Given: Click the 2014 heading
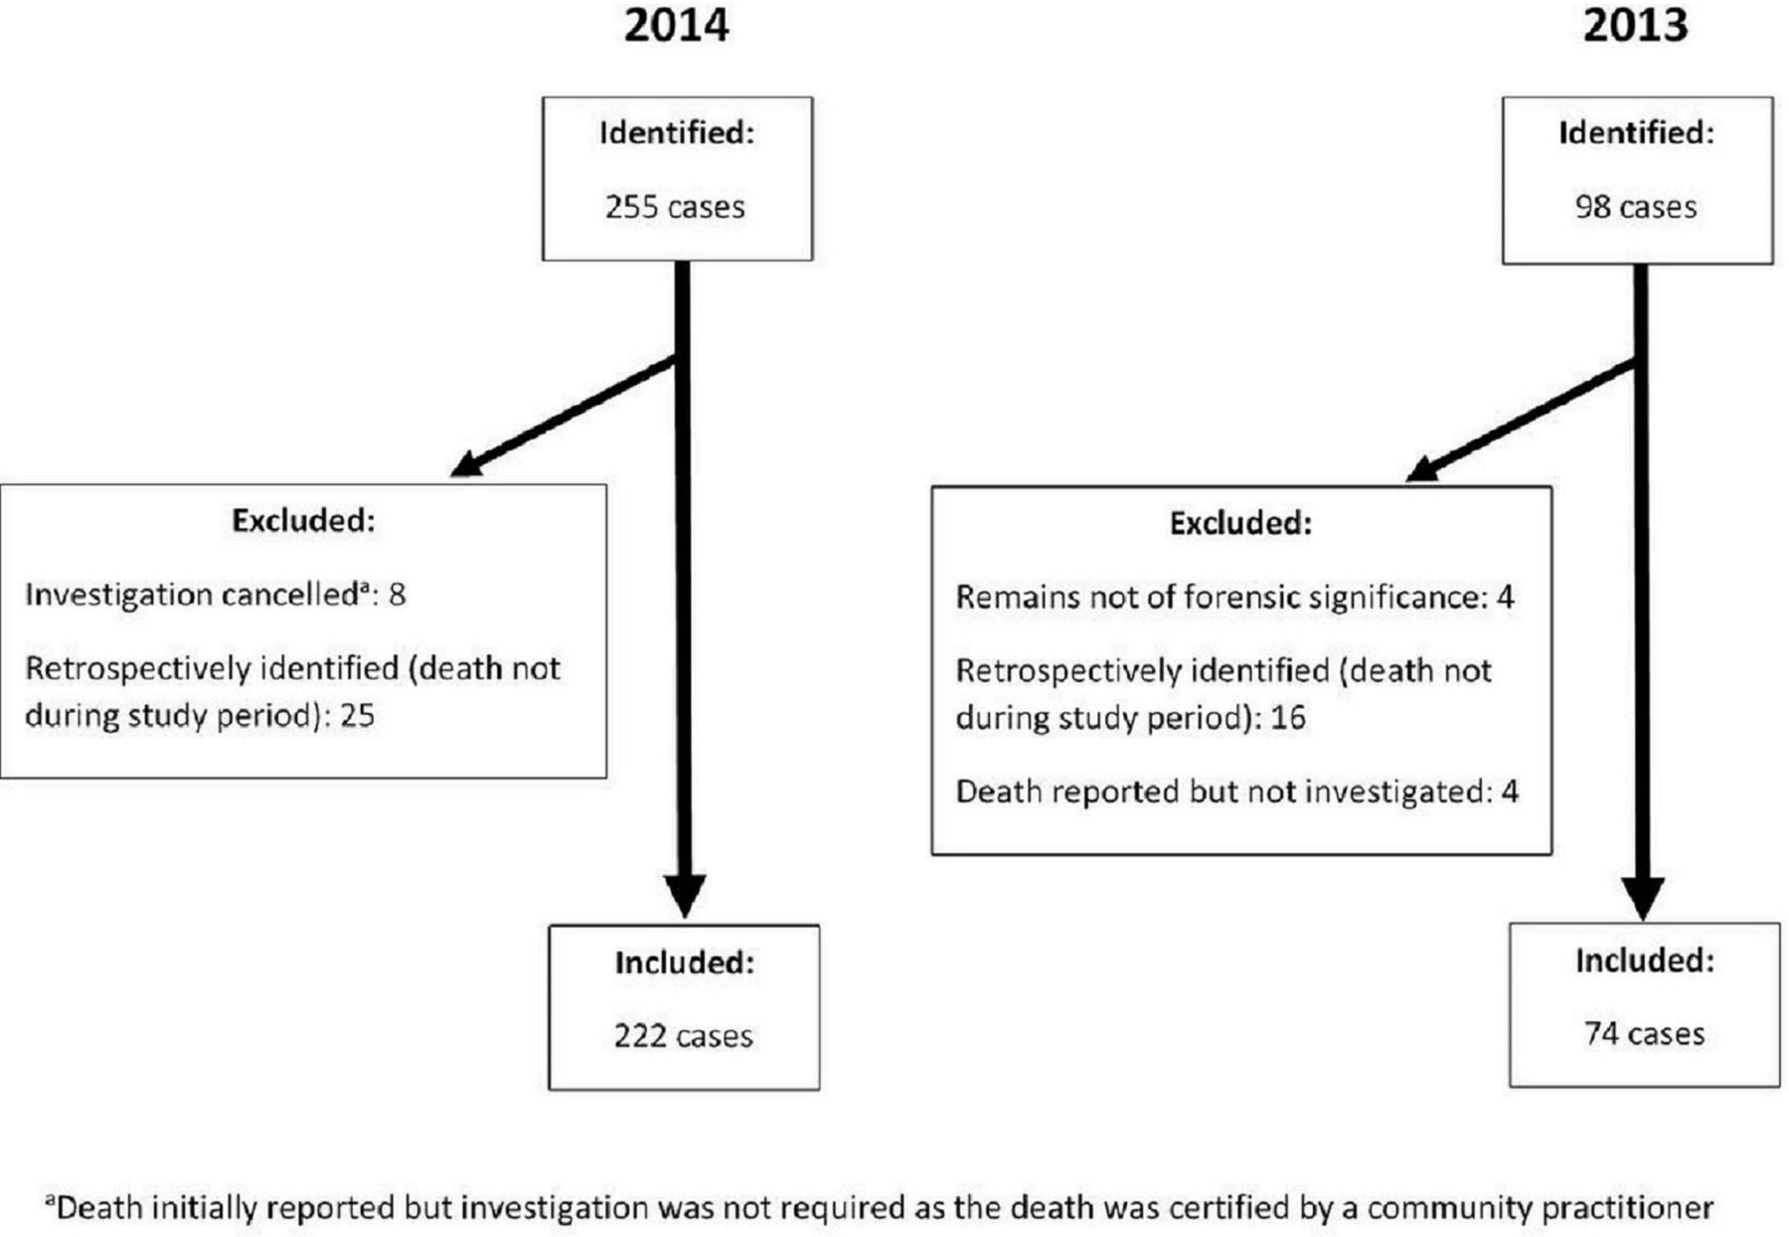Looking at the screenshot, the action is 676,25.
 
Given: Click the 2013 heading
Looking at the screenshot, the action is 1635,25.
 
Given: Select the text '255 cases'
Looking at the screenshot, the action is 675,207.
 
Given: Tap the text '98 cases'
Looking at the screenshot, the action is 1636,207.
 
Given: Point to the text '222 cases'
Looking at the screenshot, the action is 683,1036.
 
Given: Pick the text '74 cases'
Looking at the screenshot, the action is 1644,1034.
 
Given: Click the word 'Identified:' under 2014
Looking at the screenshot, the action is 677,132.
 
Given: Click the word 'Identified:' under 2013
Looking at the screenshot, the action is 1636,132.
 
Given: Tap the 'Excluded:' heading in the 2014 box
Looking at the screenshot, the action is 303,520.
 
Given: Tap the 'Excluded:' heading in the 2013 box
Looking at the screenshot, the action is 1240,523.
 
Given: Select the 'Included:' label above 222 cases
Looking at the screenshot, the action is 684,962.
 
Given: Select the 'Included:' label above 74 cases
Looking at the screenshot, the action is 1645,960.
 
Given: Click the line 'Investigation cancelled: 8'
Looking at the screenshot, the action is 215,595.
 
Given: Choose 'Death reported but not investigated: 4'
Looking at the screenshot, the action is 1236,792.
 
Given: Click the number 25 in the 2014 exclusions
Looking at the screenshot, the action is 357,716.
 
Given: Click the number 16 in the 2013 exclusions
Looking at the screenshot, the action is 1287,718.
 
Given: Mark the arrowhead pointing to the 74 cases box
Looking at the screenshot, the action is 1642,898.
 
